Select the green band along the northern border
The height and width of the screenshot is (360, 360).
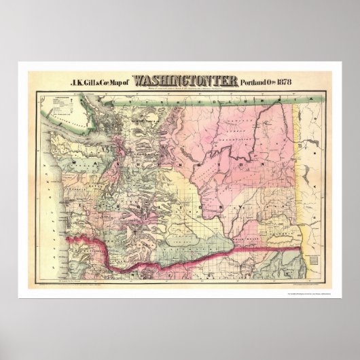204,97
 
